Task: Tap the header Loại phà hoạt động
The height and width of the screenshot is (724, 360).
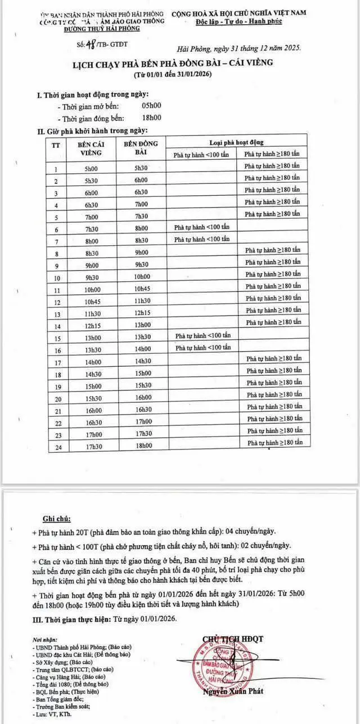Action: click(x=236, y=142)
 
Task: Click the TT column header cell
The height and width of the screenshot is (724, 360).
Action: click(x=56, y=145)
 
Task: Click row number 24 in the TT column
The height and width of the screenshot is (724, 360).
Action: click(x=56, y=447)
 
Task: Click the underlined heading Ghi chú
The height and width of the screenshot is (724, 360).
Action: click(x=57, y=518)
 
